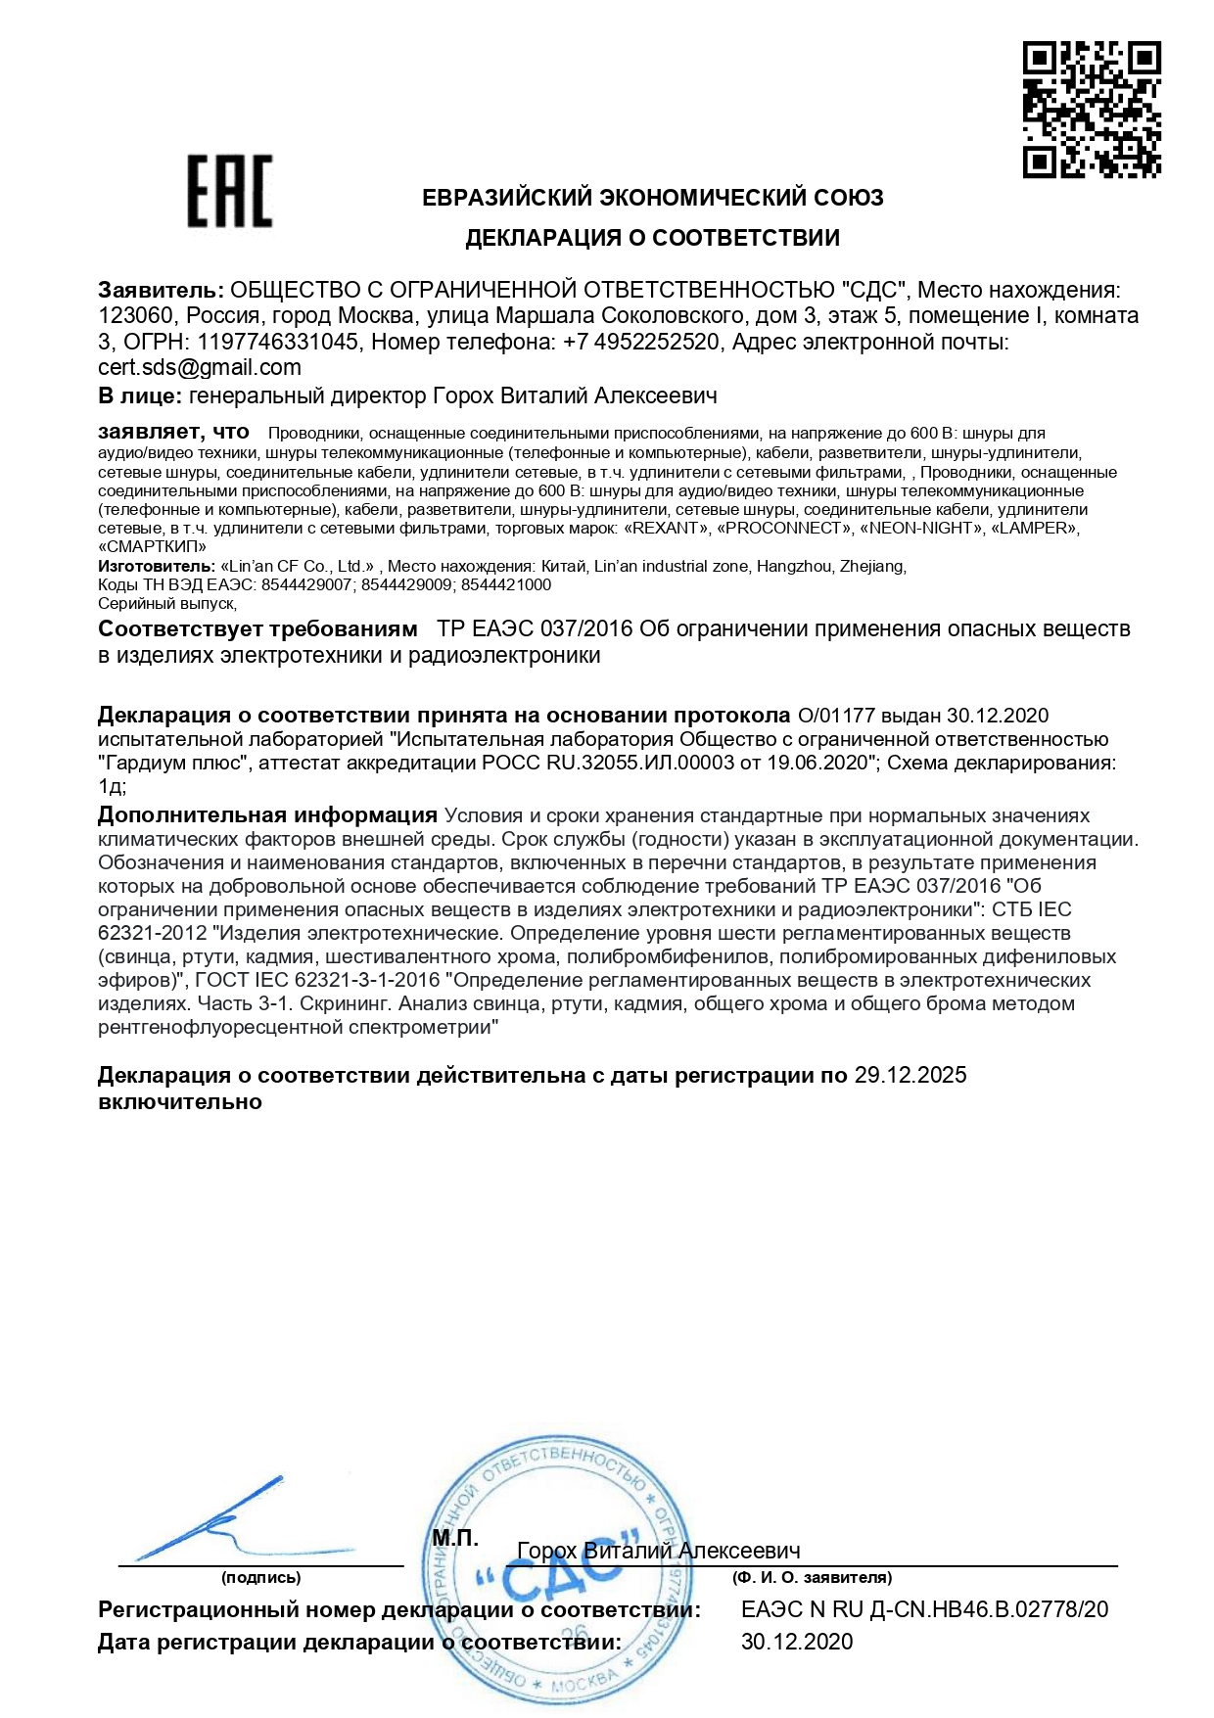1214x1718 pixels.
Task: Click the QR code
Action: click(x=1092, y=110)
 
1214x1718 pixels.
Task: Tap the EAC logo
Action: click(x=229, y=191)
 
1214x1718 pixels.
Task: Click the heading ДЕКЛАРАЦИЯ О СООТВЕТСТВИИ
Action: click(x=652, y=238)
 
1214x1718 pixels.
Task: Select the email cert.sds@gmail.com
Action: click(x=200, y=368)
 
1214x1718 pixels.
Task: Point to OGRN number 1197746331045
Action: click(x=277, y=343)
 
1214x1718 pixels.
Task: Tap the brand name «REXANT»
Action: click(x=666, y=529)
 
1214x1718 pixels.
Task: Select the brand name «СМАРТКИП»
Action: click(x=152, y=547)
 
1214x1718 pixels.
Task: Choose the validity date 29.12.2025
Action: click(x=910, y=1076)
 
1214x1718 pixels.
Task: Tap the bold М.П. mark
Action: click(x=455, y=1538)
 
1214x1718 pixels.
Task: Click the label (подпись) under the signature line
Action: click(x=260, y=1578)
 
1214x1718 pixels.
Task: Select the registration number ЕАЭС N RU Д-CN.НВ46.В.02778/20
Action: click(x=924, y=1610)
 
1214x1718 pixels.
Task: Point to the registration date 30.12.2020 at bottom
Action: click(x=796, y=1643)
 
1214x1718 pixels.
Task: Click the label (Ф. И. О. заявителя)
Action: click(x=812, y=1578)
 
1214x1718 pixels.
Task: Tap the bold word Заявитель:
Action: click(x=161, y=291)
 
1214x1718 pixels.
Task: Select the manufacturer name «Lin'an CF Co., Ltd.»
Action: click(x=300, y=567)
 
